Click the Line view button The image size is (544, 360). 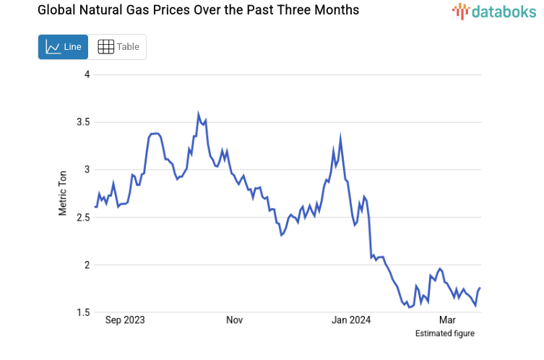click(x=63, y=47)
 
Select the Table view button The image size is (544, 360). click(x=118, y=47)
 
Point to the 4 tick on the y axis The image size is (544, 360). click(x=87, y=74)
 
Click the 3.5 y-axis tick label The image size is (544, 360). click(x=83, y=122)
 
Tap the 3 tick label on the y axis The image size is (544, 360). click(x=87, y=170)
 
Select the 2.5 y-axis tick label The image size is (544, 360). click(x=83, y=218)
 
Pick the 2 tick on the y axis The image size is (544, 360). click(x=87, y=265)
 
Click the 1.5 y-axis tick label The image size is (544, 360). click(x=83, y=312)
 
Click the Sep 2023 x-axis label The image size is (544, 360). click(x=124, y=320)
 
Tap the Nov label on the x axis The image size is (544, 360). click(x=234, y=320)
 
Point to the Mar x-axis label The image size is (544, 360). click(x=447, y=320)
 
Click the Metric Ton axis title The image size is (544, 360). click(x=63, y=193)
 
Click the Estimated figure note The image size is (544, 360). click(x=444, y=333)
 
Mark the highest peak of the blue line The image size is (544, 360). click(x=199, y=114)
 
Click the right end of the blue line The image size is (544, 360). click(x=480, y=288)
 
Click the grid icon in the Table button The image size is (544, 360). click(x=106, y=47)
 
